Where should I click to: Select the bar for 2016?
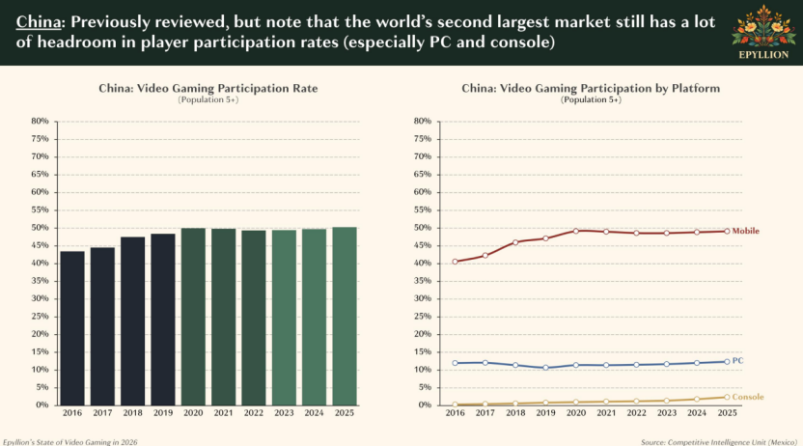[x=72, y=328]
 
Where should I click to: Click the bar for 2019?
[x=163, y=320]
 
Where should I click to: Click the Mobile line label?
[x=745, y=231]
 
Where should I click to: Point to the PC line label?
[x=737, y=361]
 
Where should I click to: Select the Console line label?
[x=748, y=397]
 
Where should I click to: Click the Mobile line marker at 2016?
[x=455, y=262]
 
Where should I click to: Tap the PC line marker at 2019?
[x=545, y=368]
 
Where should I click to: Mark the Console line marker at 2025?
[x=727, y=397]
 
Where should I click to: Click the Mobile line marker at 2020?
[x=575, y=231]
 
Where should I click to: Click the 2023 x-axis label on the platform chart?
[x=666, y=413]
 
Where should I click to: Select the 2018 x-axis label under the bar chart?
[x=133, y=413]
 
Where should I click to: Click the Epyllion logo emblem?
[x=764, y=27]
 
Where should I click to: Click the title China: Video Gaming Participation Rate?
[x=208, y=88]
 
